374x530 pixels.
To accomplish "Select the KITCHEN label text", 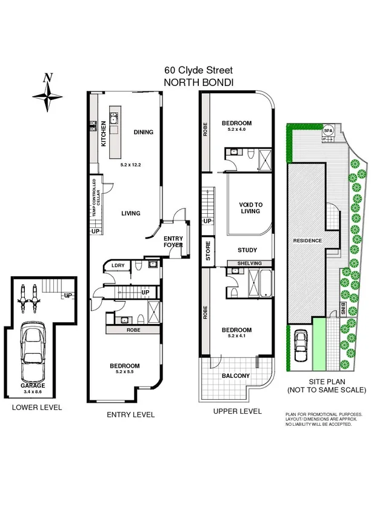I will point(104,134).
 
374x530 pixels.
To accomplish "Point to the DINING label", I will point(143,133).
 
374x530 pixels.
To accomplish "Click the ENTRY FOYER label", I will point(173,242).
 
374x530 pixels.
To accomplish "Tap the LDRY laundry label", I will point(118,265).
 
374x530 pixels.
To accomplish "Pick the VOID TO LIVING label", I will point(250,207).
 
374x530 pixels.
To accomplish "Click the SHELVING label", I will point(249,263).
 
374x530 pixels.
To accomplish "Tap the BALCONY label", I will point(235,376).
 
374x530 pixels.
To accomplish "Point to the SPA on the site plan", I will point(328,130).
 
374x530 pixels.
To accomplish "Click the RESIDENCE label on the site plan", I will point(307,240).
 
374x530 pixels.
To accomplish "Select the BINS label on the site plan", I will point(343,308).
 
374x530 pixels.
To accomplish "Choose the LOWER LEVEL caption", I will point(37,408).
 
